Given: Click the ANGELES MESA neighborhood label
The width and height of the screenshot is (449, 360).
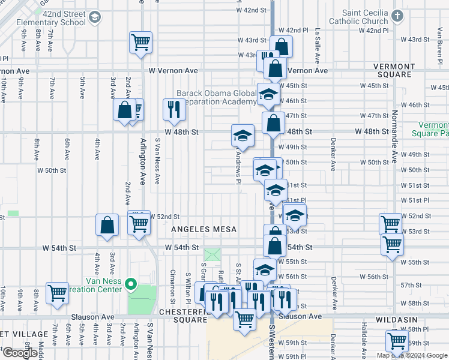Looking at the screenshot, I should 204,229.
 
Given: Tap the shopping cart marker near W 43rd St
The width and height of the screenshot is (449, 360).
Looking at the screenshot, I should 140,43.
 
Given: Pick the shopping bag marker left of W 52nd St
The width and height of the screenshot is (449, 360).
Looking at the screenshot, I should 107,225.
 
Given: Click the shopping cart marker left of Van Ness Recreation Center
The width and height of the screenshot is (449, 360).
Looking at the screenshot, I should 58,293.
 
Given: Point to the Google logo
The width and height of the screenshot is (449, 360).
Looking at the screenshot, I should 20,353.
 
